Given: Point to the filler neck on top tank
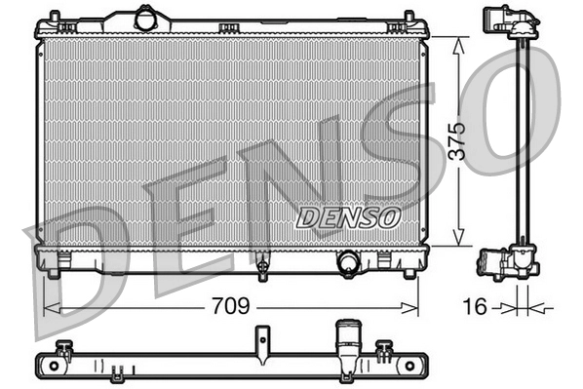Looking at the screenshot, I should click(x=145, y=18).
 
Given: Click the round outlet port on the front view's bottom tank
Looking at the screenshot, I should click(x=347, y=261).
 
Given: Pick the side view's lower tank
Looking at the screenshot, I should click(x=506, y=263).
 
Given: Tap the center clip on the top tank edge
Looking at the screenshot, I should click(x=230, y=26).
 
